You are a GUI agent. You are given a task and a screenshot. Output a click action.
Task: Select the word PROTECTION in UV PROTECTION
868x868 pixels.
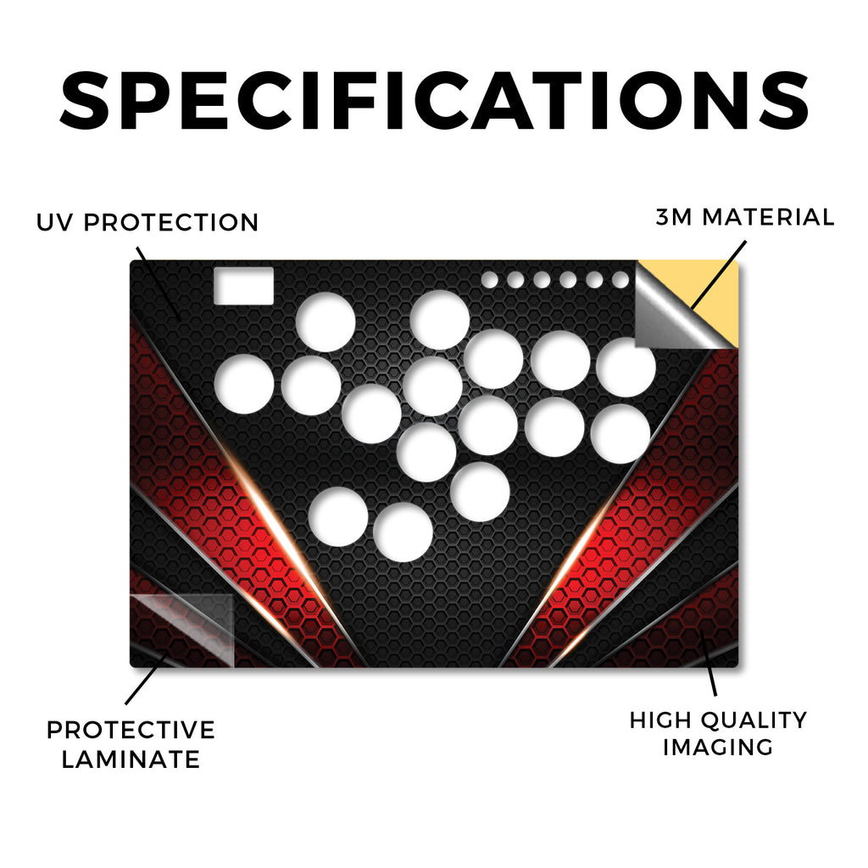coord(171,223)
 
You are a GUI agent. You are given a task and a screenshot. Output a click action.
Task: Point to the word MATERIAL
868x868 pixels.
coord(768,217)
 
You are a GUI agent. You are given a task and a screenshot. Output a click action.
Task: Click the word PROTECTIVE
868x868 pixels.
coord(131,730)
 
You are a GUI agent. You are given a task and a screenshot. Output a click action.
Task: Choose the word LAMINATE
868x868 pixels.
coord(131,759)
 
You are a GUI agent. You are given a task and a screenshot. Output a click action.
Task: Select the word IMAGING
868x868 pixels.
coord(718,748)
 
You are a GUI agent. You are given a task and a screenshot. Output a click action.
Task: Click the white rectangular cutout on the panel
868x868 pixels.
coord(243,286)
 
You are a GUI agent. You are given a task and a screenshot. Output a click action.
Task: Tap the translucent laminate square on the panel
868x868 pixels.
coord(182,631)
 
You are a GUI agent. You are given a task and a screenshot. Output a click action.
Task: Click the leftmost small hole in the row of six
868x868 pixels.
coord(489,280)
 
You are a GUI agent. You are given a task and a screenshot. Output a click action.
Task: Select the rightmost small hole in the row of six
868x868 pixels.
coord(620,280)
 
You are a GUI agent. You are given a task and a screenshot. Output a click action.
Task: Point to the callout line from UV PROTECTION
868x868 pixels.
coord(158,283)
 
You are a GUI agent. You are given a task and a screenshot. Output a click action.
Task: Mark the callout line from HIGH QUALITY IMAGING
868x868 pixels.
coord(708,662)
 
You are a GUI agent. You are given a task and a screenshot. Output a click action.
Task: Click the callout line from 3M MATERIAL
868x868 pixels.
coord(719,274)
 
